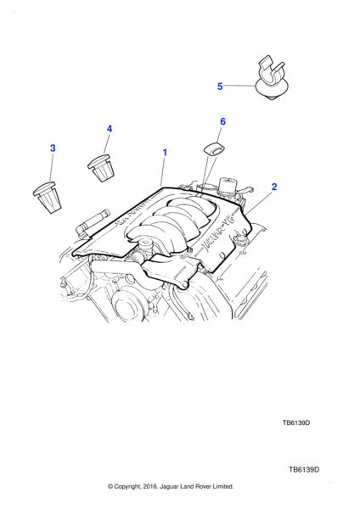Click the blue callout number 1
pos(165,152)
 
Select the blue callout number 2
pos(274,187)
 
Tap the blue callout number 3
pos(53,148)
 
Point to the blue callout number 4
pos(110,129)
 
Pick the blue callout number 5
pos(220,87)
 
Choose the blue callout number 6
pos(222,121)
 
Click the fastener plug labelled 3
pos(48,198)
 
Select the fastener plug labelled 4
pos(101,167)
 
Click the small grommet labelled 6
pos(215,149)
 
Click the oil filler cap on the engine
pos(239,241)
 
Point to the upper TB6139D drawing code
pos(296,422)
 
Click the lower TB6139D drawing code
pos(304,470)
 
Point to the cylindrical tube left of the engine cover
pos(93,221)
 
